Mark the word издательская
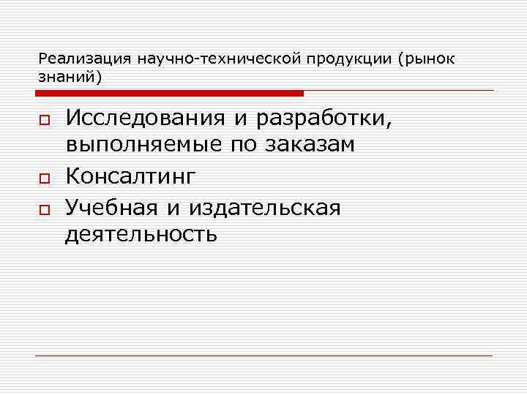pyautogui.click(x=264, y=208)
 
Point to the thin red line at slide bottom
pyautogui.click(x=263, y=355)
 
